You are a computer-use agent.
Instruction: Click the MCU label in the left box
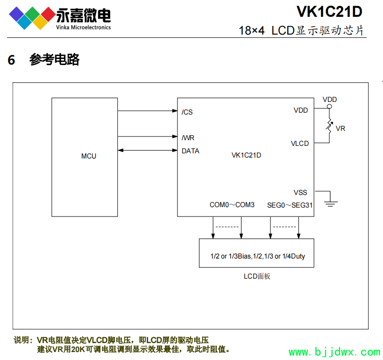coord(89,156)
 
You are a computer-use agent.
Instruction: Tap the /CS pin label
coord(187,112)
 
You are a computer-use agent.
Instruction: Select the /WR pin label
coord(188,137)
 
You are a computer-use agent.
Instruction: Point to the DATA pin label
coord(191,151)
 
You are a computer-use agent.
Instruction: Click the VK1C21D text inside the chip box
coord(246,155)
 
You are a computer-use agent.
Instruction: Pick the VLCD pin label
coord(300,144)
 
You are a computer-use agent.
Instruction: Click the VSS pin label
coord(300,193)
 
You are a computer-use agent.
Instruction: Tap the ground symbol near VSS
coord(331,202)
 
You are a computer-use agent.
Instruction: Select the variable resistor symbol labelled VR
coord(329,126)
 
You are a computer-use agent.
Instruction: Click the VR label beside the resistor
coord(340,128)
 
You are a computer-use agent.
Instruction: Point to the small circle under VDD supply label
coord(329,107)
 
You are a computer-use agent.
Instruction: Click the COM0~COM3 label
coord(232,205)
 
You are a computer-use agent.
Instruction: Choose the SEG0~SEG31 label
coord(290,205)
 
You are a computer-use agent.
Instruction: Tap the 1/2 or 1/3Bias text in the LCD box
coord(231,256)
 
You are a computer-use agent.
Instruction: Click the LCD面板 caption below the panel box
coord(257,276)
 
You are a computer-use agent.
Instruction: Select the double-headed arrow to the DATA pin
coord(148,150)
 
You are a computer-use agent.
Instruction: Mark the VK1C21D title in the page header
coord(329,11)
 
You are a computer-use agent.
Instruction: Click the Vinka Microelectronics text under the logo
coord(83,27)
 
